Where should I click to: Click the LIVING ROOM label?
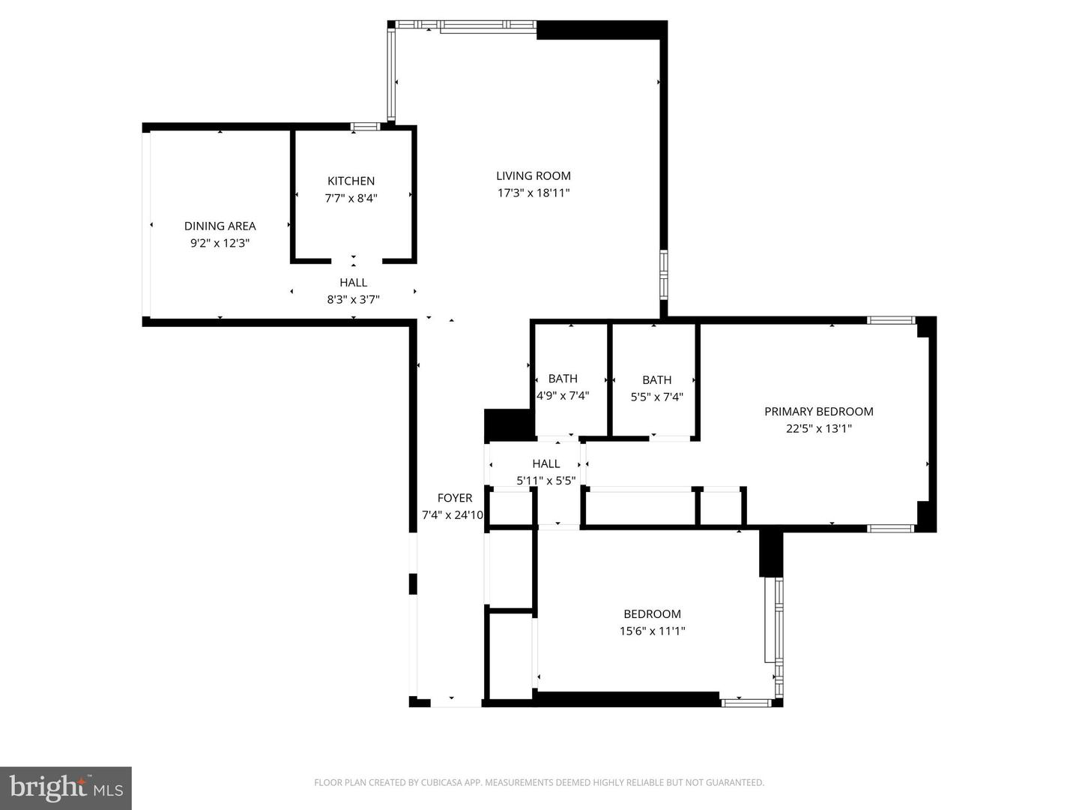pos(533,175)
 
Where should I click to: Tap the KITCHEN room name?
pos(351,181)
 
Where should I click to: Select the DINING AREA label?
pos(220,226)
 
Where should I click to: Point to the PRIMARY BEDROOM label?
pos(818,411)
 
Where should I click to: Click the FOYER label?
pos(455,498)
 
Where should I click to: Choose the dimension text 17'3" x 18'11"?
pos(533,193)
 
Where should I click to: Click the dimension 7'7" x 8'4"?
pos(351,199)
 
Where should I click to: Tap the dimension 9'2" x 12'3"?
pos(220,243)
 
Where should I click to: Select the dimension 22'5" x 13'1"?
pos(818,429)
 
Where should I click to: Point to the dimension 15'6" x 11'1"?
pos(652,631)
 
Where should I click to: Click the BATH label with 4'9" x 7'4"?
pos(563,379)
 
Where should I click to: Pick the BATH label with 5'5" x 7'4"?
pos(656,379)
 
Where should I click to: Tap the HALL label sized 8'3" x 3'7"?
pos(353,283)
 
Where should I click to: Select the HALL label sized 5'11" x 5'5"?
pos(545,463)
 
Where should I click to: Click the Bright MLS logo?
pos(66,787)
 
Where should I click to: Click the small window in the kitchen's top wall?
pos(366,127)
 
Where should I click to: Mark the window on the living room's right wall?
pos(663,274)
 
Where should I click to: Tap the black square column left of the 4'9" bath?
pos(507,425)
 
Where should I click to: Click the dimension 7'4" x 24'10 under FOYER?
pos(453,515)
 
